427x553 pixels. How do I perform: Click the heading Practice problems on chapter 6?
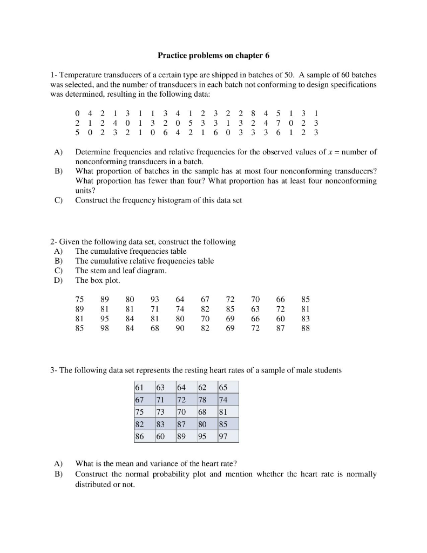(213, 56)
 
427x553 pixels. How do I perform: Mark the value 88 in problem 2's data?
(306, 328)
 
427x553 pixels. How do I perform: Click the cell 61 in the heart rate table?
(140, 387)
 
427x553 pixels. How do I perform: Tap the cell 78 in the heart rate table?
(202, 400)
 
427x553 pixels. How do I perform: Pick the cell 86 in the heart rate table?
(140, 436)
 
